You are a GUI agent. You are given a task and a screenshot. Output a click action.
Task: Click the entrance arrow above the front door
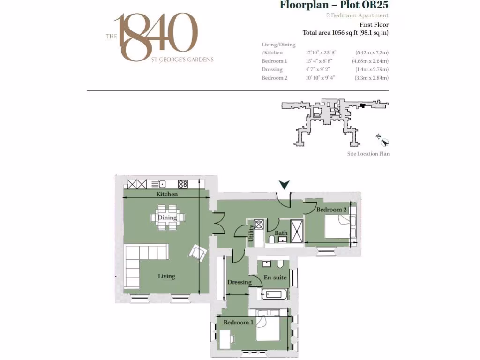(x=284, y=186)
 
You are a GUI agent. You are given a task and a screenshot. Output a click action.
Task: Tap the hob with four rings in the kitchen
(x=183, y=184)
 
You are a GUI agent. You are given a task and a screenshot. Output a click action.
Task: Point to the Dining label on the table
(x=167, y=217)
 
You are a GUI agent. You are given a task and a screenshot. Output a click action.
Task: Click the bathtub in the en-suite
(x=274, y=294)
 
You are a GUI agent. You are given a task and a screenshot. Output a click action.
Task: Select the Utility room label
(x=251, y=232)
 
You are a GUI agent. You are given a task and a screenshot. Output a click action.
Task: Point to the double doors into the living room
(x=217, y=223)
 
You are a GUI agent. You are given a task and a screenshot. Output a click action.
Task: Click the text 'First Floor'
(x=374, y=25)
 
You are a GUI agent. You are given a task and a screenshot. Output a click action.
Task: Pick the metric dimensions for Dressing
(x=371, y=69)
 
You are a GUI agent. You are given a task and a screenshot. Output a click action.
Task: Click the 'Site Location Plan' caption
(x=368, y=154)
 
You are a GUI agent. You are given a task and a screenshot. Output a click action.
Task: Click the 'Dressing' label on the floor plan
(x=239, y=282)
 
